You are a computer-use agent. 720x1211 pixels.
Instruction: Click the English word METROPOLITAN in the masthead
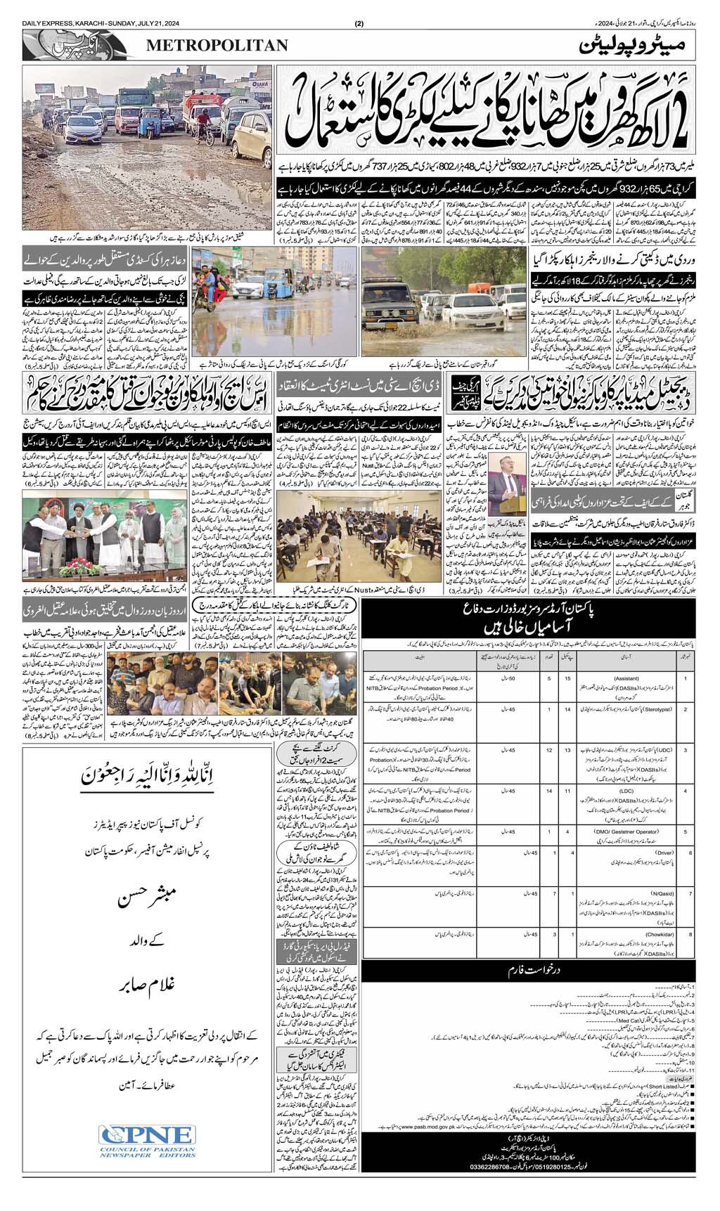(217, 46)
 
